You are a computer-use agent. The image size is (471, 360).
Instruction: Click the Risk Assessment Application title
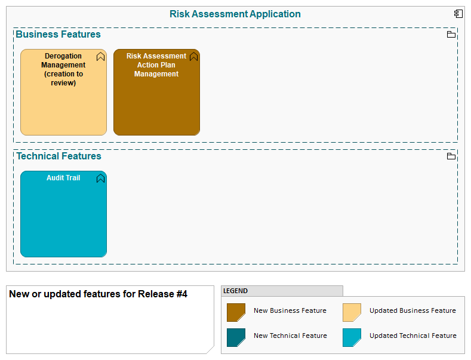point(235,14)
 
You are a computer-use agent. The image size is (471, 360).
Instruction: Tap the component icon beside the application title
point(458,14)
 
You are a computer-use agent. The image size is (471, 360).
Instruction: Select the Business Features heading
point(58,35)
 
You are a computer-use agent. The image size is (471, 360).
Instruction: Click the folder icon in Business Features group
point(451,35)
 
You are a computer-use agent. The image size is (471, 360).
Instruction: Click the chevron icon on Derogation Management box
point(101,57)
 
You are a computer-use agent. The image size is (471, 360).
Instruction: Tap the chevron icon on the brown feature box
point(193,57)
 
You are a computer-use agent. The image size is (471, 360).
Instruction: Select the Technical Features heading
point(59,156)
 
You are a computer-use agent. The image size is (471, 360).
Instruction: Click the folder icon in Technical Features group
point(451,156)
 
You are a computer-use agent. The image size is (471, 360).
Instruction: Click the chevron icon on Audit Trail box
point(101,179)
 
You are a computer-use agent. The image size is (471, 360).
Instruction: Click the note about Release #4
point(110,319)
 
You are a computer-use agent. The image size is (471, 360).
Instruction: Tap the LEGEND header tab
point(282,291)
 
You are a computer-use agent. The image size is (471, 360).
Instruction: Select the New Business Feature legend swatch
point(236,312)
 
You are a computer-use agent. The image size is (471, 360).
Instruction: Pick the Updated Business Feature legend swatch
point(352,312)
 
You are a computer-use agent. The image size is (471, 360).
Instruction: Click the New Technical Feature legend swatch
point(236,337)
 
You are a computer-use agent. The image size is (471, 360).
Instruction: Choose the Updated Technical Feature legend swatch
point(352,337)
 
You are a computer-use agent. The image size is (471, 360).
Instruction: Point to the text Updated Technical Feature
point(412,336)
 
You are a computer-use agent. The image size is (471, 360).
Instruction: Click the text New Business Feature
point(290,310)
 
